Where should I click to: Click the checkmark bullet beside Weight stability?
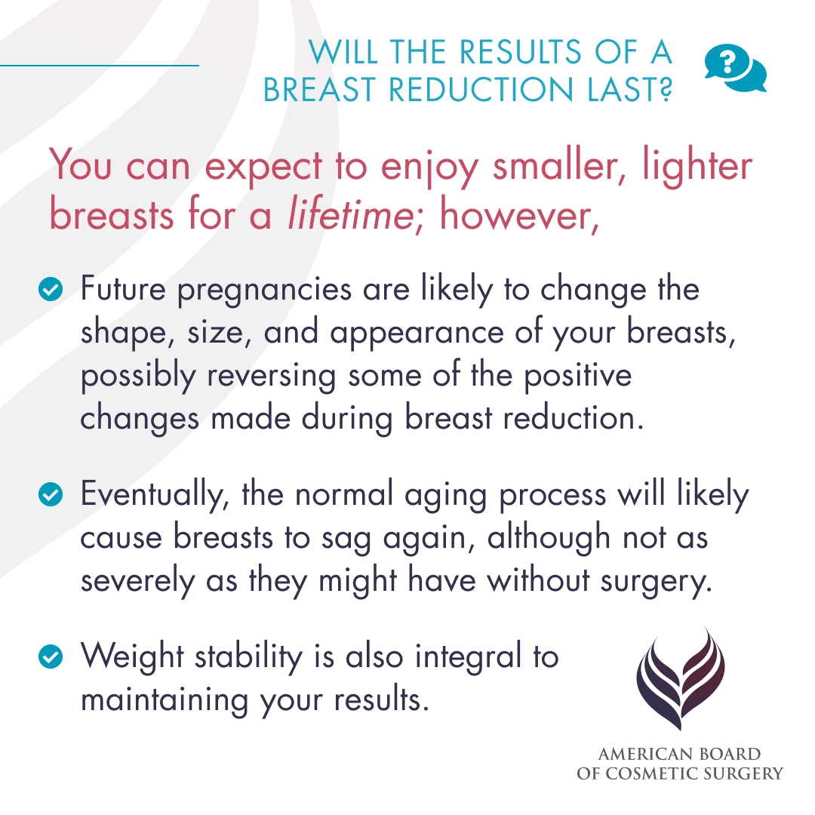(51, 657)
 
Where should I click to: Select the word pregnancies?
(264, 290)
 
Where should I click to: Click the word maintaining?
(162, 700)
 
